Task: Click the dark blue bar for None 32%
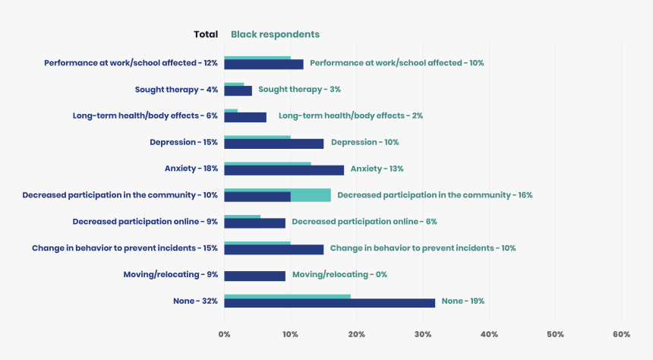330,302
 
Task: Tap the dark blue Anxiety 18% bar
284,170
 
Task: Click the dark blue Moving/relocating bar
254,276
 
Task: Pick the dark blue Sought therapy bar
238,91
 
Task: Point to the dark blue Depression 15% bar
273,144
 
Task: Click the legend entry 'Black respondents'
275,34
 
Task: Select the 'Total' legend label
206,34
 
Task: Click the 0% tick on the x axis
224,334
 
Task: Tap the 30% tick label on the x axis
423,334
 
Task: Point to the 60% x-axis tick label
621,334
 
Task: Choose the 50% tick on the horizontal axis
555,334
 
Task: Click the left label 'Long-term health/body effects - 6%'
145,116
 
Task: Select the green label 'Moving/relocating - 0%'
339,274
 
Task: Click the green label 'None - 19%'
462,301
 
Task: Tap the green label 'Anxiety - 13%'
377,169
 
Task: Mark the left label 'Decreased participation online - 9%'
145,222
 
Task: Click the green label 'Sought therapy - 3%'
299,90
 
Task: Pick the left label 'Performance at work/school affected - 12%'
131,63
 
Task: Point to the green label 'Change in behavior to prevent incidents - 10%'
423,248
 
